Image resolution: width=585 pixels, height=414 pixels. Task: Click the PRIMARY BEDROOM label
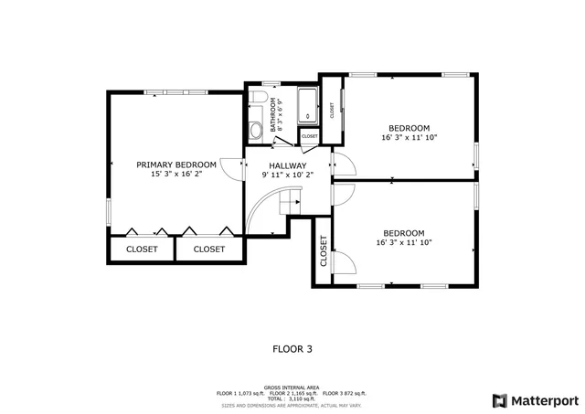coord(176,165)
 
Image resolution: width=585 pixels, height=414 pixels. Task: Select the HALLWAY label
coord(287,165)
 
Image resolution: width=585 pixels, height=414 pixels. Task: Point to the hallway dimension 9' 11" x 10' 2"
coord(287,175)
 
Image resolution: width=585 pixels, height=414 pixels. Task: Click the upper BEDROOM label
coord(409,128)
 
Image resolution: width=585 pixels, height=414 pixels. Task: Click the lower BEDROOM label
coord(403,232)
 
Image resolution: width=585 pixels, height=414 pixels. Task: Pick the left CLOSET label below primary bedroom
coord(142,249)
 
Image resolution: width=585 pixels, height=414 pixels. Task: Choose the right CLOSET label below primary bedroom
coord(209,249)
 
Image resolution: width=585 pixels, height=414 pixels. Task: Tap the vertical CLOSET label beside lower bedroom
coord(324,251)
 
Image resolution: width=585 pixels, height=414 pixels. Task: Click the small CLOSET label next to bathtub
coord(310,136)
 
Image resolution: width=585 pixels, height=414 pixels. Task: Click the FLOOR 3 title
coord(292,348)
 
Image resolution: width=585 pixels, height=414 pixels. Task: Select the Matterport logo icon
coord(498,400)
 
